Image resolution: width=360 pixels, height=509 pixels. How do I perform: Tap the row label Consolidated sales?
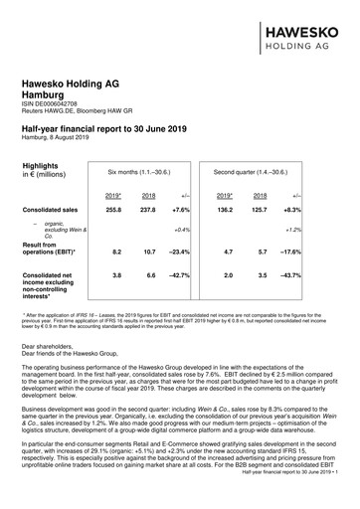[x=52, y=211]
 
